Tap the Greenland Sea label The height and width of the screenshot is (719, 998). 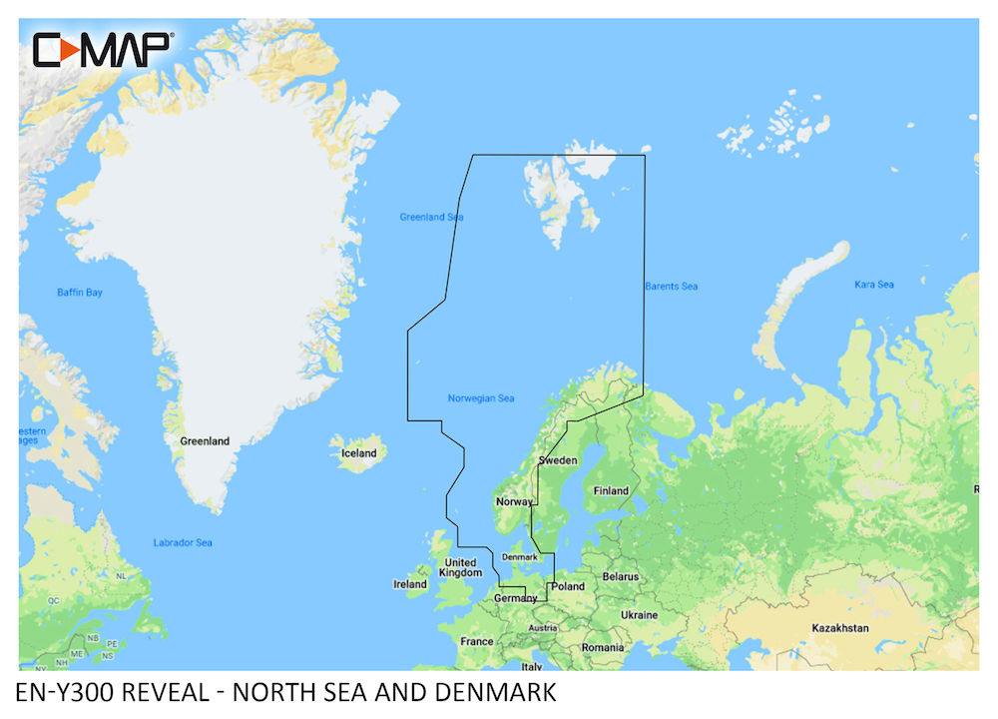(431, 217)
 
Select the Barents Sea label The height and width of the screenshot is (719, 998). (671, 287)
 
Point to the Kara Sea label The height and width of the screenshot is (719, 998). (873, 285)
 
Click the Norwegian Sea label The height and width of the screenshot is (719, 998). (481, 398)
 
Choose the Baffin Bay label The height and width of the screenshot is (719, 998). (79, 293)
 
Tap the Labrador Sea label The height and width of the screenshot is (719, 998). (183, 543)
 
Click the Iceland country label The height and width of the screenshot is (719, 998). (359, 453)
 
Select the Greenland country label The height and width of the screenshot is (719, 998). (205, 440)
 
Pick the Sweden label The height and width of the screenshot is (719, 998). (558, 460)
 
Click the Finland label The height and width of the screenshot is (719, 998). (611, 490)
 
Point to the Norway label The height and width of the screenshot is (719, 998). (514, 501)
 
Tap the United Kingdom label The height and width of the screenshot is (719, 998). (461, 567)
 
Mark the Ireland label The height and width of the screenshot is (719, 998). (410, 584)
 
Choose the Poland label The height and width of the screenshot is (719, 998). (568, 586)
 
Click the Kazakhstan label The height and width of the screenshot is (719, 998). (838, 628)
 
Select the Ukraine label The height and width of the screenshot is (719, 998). (639, 615)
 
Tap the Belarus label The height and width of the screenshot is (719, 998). (620, 577)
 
